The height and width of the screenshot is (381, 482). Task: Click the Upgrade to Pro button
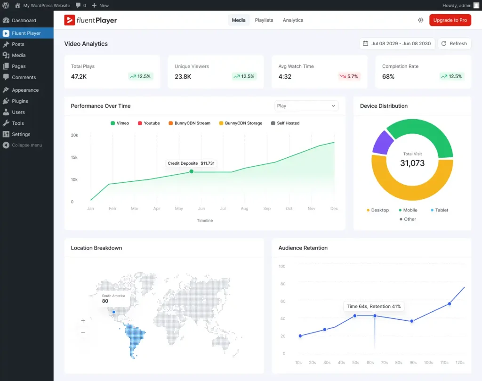(x=450, y=20)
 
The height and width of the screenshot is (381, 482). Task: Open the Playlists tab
(x=264, y=20)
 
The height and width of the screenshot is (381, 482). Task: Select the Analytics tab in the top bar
(x=293, y=20)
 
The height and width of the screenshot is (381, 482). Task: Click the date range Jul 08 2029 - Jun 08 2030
(x=397, y=44)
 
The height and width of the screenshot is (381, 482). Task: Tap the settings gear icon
(x=421, y=20)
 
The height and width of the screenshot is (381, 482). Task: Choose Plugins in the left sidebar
(x=20, y=101)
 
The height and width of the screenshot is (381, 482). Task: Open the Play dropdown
(x=306, y=106)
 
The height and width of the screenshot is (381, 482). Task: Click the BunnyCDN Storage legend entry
(x=240, y=123)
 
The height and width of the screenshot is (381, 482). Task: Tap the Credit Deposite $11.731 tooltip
(x=191, y=163)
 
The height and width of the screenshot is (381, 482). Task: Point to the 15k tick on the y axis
(x=74, y=157)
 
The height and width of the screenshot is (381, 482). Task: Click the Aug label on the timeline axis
(x=244, y=209)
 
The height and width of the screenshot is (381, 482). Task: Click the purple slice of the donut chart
(x=382, y=142)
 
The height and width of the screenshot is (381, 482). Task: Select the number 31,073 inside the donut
(x=412, y=163)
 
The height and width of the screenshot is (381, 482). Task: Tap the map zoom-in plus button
(x=83, y=321)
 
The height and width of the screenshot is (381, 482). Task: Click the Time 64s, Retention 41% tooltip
(x=374, y=307)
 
